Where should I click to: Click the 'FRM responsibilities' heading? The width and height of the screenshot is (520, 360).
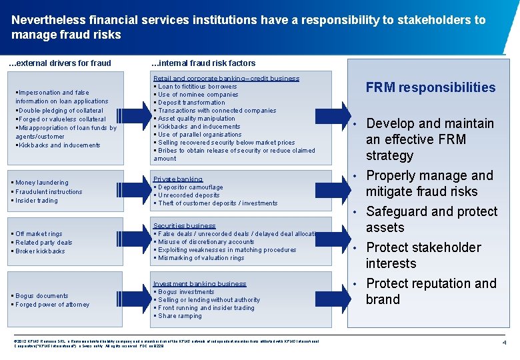pos(431,87)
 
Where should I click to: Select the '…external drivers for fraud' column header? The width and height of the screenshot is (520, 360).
pos(59,63)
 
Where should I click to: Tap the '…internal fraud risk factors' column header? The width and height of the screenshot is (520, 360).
pos(204,63)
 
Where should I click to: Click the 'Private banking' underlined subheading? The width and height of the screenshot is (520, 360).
pos(178,179)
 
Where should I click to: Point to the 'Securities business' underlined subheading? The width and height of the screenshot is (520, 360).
pos(185,226)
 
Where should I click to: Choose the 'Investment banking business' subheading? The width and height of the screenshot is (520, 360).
pos(200,284)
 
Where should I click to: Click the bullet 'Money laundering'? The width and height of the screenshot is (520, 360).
pos(41,183)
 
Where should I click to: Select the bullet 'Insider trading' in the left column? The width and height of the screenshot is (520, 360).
pos(37,201)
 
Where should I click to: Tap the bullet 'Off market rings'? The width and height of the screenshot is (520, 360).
pos(39,234)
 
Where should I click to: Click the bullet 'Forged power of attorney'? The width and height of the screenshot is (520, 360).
pos(53,305)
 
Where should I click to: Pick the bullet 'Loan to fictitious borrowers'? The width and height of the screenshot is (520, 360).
pos(196,87)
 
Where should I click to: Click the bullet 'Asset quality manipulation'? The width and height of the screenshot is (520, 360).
pos(195,119)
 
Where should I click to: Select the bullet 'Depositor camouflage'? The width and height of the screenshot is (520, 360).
pos(189,187)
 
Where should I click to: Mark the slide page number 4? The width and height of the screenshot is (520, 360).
pos(505,343)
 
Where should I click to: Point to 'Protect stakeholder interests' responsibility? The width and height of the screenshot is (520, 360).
pos(423,255)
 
